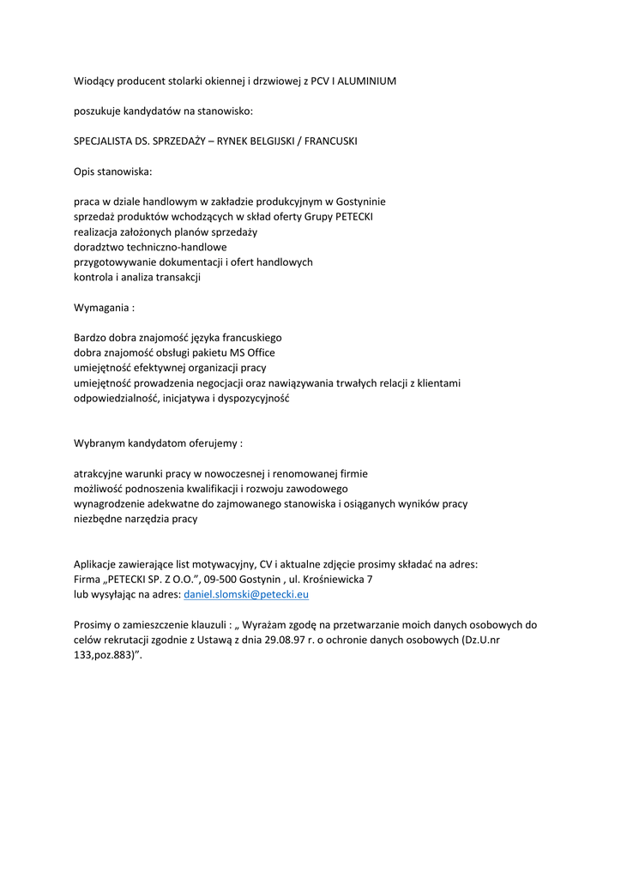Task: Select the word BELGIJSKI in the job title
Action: (261, 141)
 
